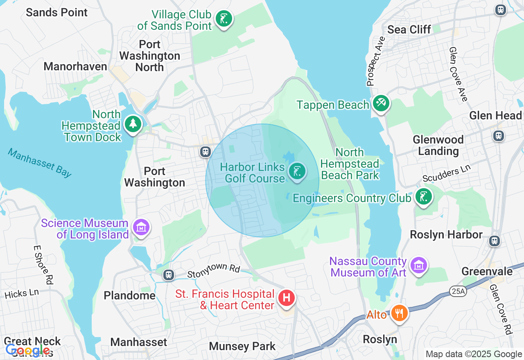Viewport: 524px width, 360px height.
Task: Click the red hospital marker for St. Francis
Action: (x=287, y=298)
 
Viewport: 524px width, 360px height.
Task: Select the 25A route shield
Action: (x=456, y=291)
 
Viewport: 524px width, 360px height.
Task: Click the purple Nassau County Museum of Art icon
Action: (x=419, y=265)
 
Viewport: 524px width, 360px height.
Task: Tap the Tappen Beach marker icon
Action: (x=381, y=103)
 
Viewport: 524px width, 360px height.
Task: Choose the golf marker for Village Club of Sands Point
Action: (x=224, y=19)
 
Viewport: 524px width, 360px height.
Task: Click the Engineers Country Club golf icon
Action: (x=423, y=197)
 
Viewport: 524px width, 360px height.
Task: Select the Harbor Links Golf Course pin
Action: (x=297, y=171)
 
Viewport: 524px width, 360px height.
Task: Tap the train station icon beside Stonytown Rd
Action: (x=168, y=274)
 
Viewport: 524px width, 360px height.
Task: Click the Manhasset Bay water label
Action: (x=40, y=163)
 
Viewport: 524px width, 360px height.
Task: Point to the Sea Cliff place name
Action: (x=409, y=29)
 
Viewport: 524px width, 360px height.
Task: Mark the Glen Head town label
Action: (x=495, y=116)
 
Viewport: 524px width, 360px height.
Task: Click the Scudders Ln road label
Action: (x=447, y=173)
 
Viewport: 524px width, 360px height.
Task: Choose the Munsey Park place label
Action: (x=242, y=346)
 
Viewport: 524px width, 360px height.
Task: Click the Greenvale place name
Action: (x=487, y=272)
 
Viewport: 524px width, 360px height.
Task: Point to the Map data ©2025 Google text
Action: (x=474, y=354)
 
